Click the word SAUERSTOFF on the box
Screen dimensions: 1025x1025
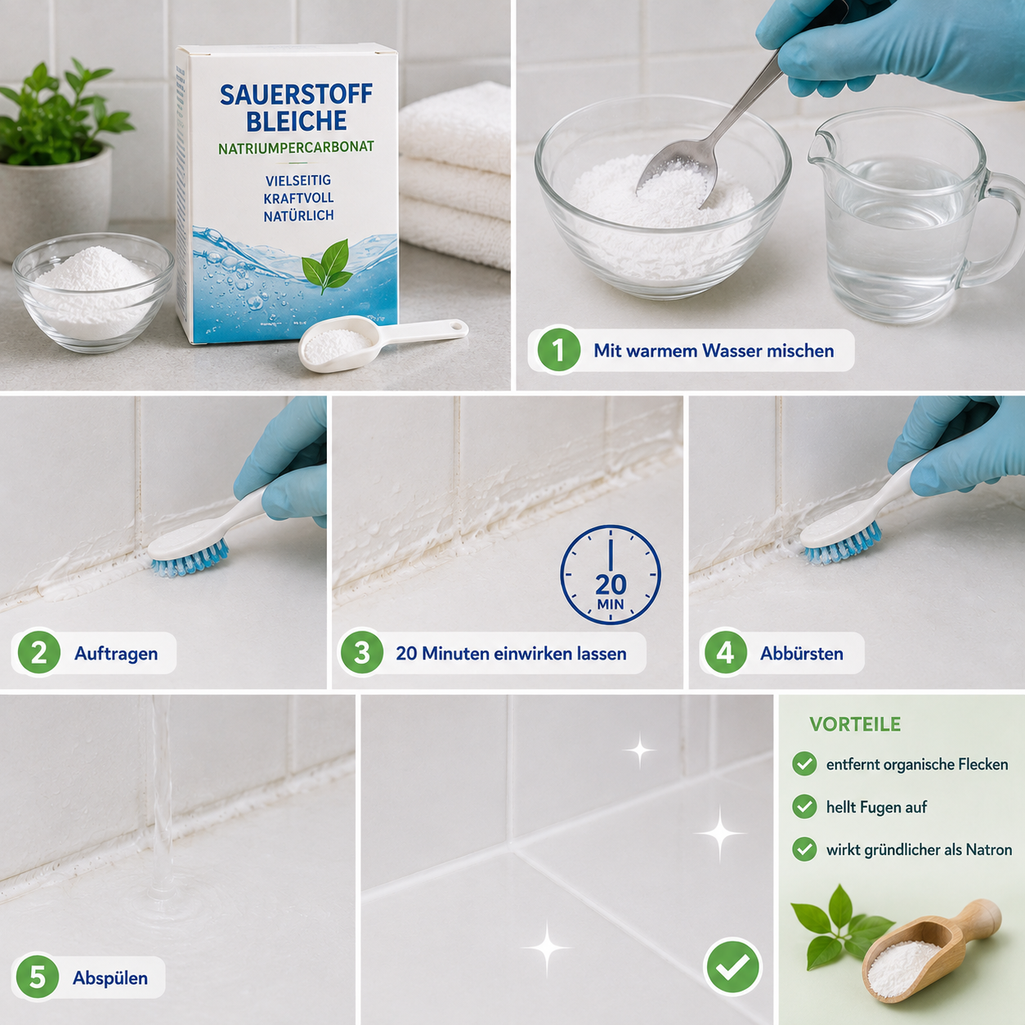point(296,95)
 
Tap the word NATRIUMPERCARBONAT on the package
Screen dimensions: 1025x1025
point(296,147)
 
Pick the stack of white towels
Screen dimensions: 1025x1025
point(454,176)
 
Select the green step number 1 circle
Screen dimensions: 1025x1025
point(558,350)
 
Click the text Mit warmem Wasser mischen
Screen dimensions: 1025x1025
point(714,351)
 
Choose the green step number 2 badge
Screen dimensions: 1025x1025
point(38,652)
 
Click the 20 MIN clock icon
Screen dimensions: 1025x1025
point(610,575)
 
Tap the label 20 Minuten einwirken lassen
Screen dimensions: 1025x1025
point(511,653)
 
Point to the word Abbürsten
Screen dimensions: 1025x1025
point(801,653)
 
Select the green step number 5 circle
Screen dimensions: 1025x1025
point(38,977)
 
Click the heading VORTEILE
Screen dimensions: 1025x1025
point(855,724)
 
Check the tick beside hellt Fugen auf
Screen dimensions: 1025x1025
point(804,807)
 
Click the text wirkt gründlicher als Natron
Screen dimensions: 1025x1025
point(919,849)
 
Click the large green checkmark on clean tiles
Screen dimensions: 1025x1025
point(732,966)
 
